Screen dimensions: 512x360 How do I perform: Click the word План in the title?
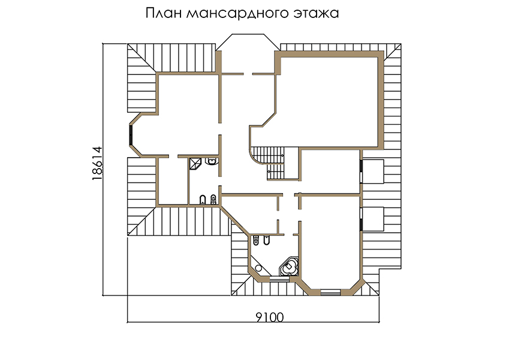point(163,13)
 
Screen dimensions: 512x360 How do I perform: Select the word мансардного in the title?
point(237,14)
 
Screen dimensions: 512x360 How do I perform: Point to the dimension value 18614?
point(97,163)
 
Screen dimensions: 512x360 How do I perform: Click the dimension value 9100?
point(269,317)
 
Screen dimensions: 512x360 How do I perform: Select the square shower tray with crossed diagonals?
point(195,164)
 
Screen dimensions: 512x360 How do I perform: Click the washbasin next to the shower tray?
point(212,161)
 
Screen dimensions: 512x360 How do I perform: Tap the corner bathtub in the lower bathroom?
point(290,267)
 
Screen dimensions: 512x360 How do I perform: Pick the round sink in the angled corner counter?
point(258,268)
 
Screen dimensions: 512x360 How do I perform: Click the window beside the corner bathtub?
point(279,279)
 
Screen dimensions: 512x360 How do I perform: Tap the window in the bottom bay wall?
point(330,292)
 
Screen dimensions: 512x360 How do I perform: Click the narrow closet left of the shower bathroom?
point(173,181)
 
